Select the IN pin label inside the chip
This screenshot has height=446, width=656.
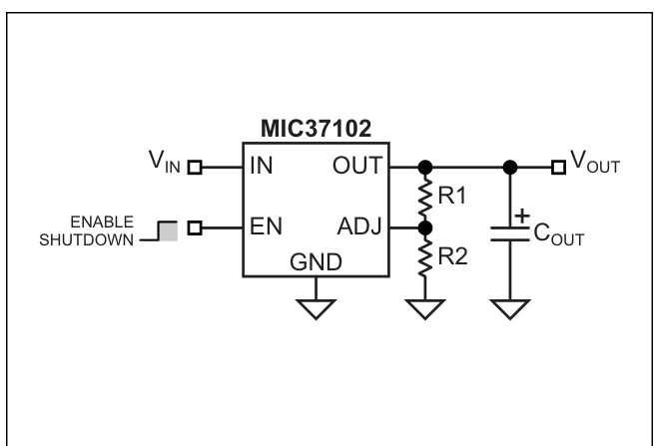point(263,166)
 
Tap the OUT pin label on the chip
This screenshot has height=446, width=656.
point(358,166)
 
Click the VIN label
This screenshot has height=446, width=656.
point(167,166)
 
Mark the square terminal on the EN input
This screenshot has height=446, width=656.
point(196,228)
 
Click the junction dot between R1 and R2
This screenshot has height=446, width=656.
point(426,228)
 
